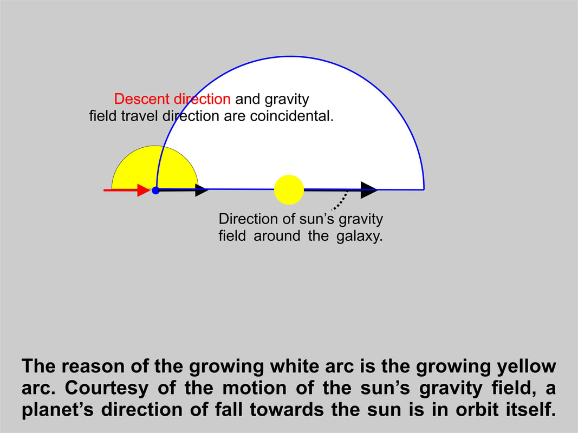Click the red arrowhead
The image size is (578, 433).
pos(144,190)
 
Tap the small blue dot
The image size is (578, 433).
pos(155,191)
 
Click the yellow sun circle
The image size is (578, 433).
pos(289,189)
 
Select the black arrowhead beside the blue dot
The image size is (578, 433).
pos(202,190)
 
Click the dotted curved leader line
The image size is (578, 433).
pos(340,201)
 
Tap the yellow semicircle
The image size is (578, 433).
pos(155,168)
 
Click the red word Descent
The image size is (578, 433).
pos(142,99)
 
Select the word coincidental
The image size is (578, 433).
pos(291,116)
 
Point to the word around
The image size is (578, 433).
pos(277,235)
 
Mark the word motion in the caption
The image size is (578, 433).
pos(254,388)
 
